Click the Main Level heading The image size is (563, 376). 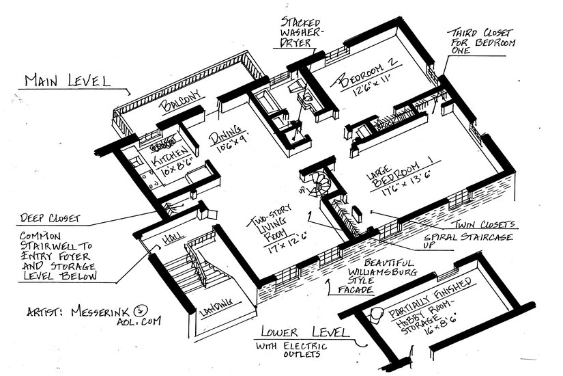pyautogui.click(x=67, y=80)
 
